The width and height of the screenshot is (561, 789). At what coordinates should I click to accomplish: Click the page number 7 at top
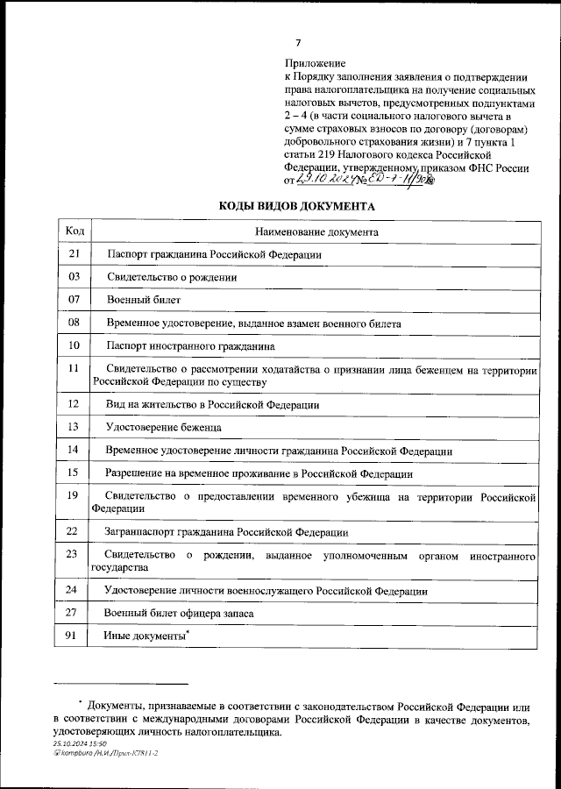298,43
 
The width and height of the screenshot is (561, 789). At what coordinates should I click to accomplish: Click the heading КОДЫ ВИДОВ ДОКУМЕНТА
296,206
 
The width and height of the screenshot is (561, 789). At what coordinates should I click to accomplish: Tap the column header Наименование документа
316,232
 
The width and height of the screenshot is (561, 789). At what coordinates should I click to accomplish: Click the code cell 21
75,253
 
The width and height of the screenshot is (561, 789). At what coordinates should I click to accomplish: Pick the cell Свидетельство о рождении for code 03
172,277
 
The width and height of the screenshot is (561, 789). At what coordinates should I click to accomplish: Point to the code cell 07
75,300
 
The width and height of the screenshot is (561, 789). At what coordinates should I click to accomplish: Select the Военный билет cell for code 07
131,301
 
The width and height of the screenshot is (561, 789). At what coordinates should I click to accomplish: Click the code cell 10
75,345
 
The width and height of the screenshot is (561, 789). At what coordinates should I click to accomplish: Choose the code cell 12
75,404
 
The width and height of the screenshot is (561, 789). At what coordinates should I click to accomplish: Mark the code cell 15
75,473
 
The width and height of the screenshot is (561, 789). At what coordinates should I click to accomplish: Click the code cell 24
75,590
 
